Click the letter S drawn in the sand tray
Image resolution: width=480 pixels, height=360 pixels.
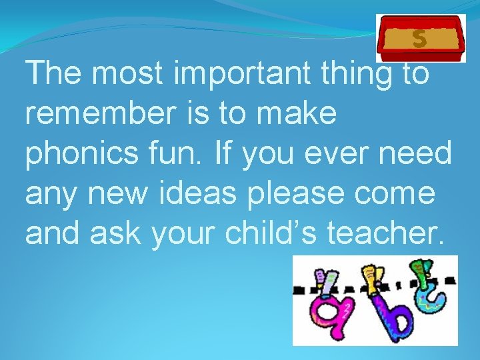[x=419, y=39]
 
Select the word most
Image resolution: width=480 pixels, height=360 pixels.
[x=127, y=74]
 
